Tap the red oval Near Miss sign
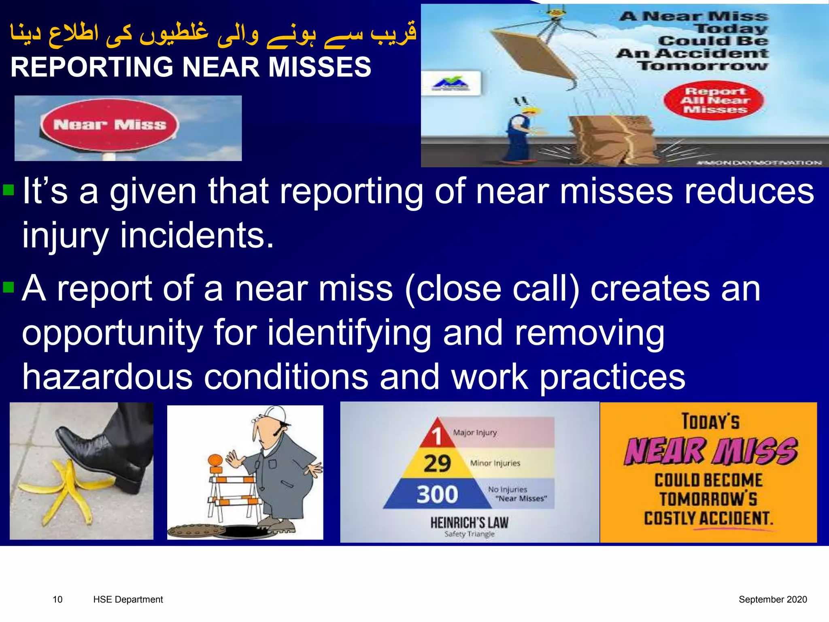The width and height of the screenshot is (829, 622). (x=109, y=125)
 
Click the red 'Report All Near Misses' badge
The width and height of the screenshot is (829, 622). (x=714, y=100)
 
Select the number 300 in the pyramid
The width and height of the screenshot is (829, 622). (x=437, y=494)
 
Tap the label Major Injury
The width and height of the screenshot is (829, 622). (x=475, y=432)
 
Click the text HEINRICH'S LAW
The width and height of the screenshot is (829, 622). (x=469, y=522)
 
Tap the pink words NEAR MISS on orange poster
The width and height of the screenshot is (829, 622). (x=710, y=451)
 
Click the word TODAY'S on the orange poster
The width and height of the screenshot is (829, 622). (x=710, y=421)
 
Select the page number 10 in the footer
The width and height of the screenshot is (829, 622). (x=57, y=599)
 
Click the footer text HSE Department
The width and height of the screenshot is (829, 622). (x=128, y=599)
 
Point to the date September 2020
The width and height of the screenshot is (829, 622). (x=772, y=599)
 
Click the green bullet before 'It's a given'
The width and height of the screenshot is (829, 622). (x=9, y=190)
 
